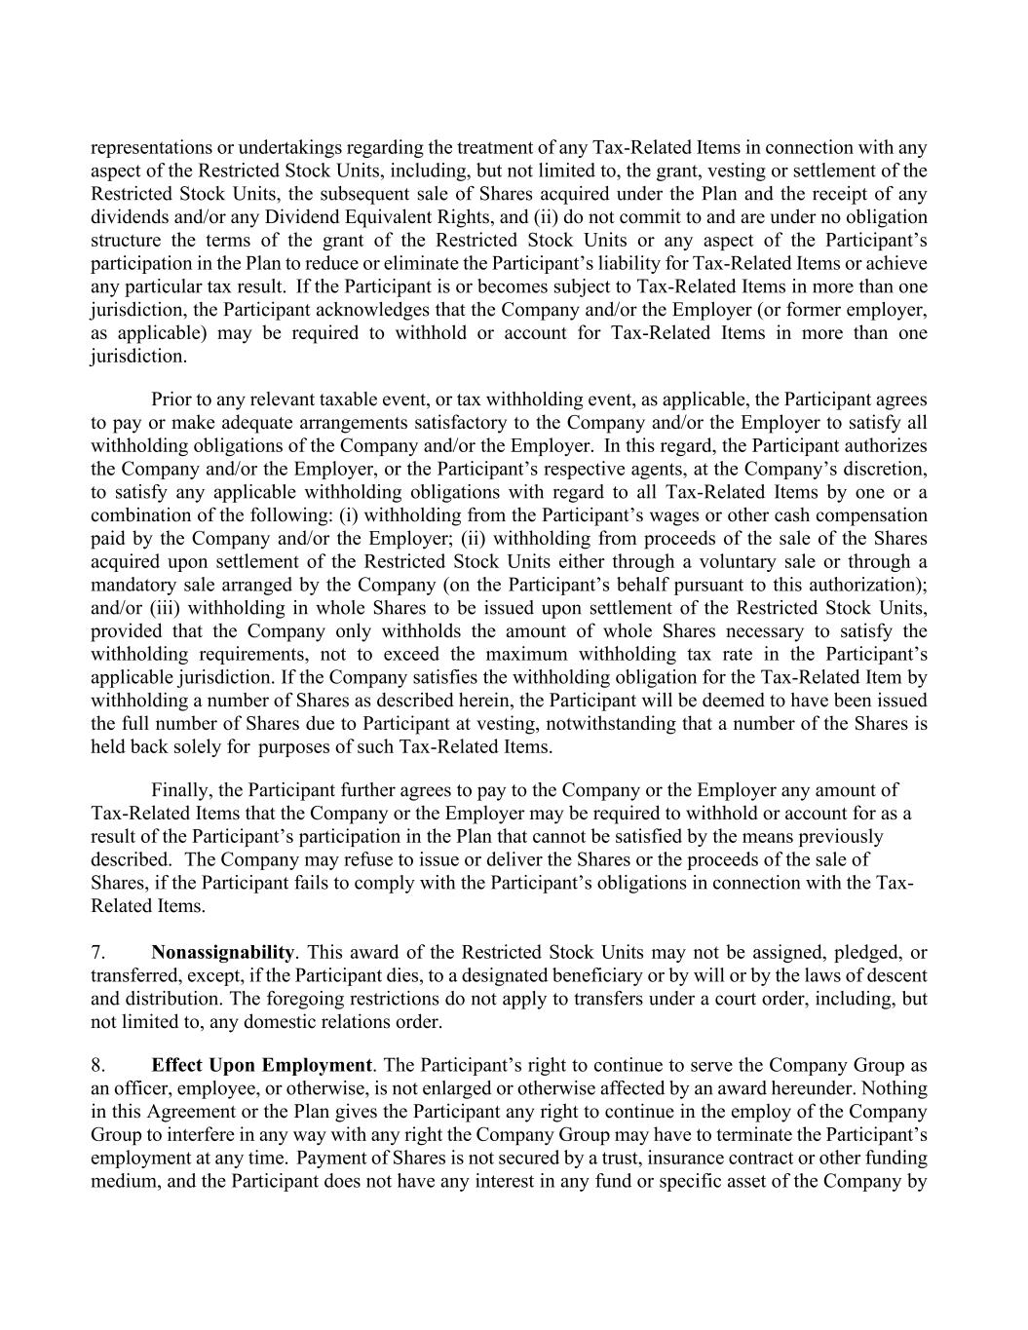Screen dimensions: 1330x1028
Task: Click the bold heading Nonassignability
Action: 222,952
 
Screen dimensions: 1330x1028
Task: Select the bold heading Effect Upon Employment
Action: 261,1065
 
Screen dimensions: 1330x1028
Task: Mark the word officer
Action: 138,1088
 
